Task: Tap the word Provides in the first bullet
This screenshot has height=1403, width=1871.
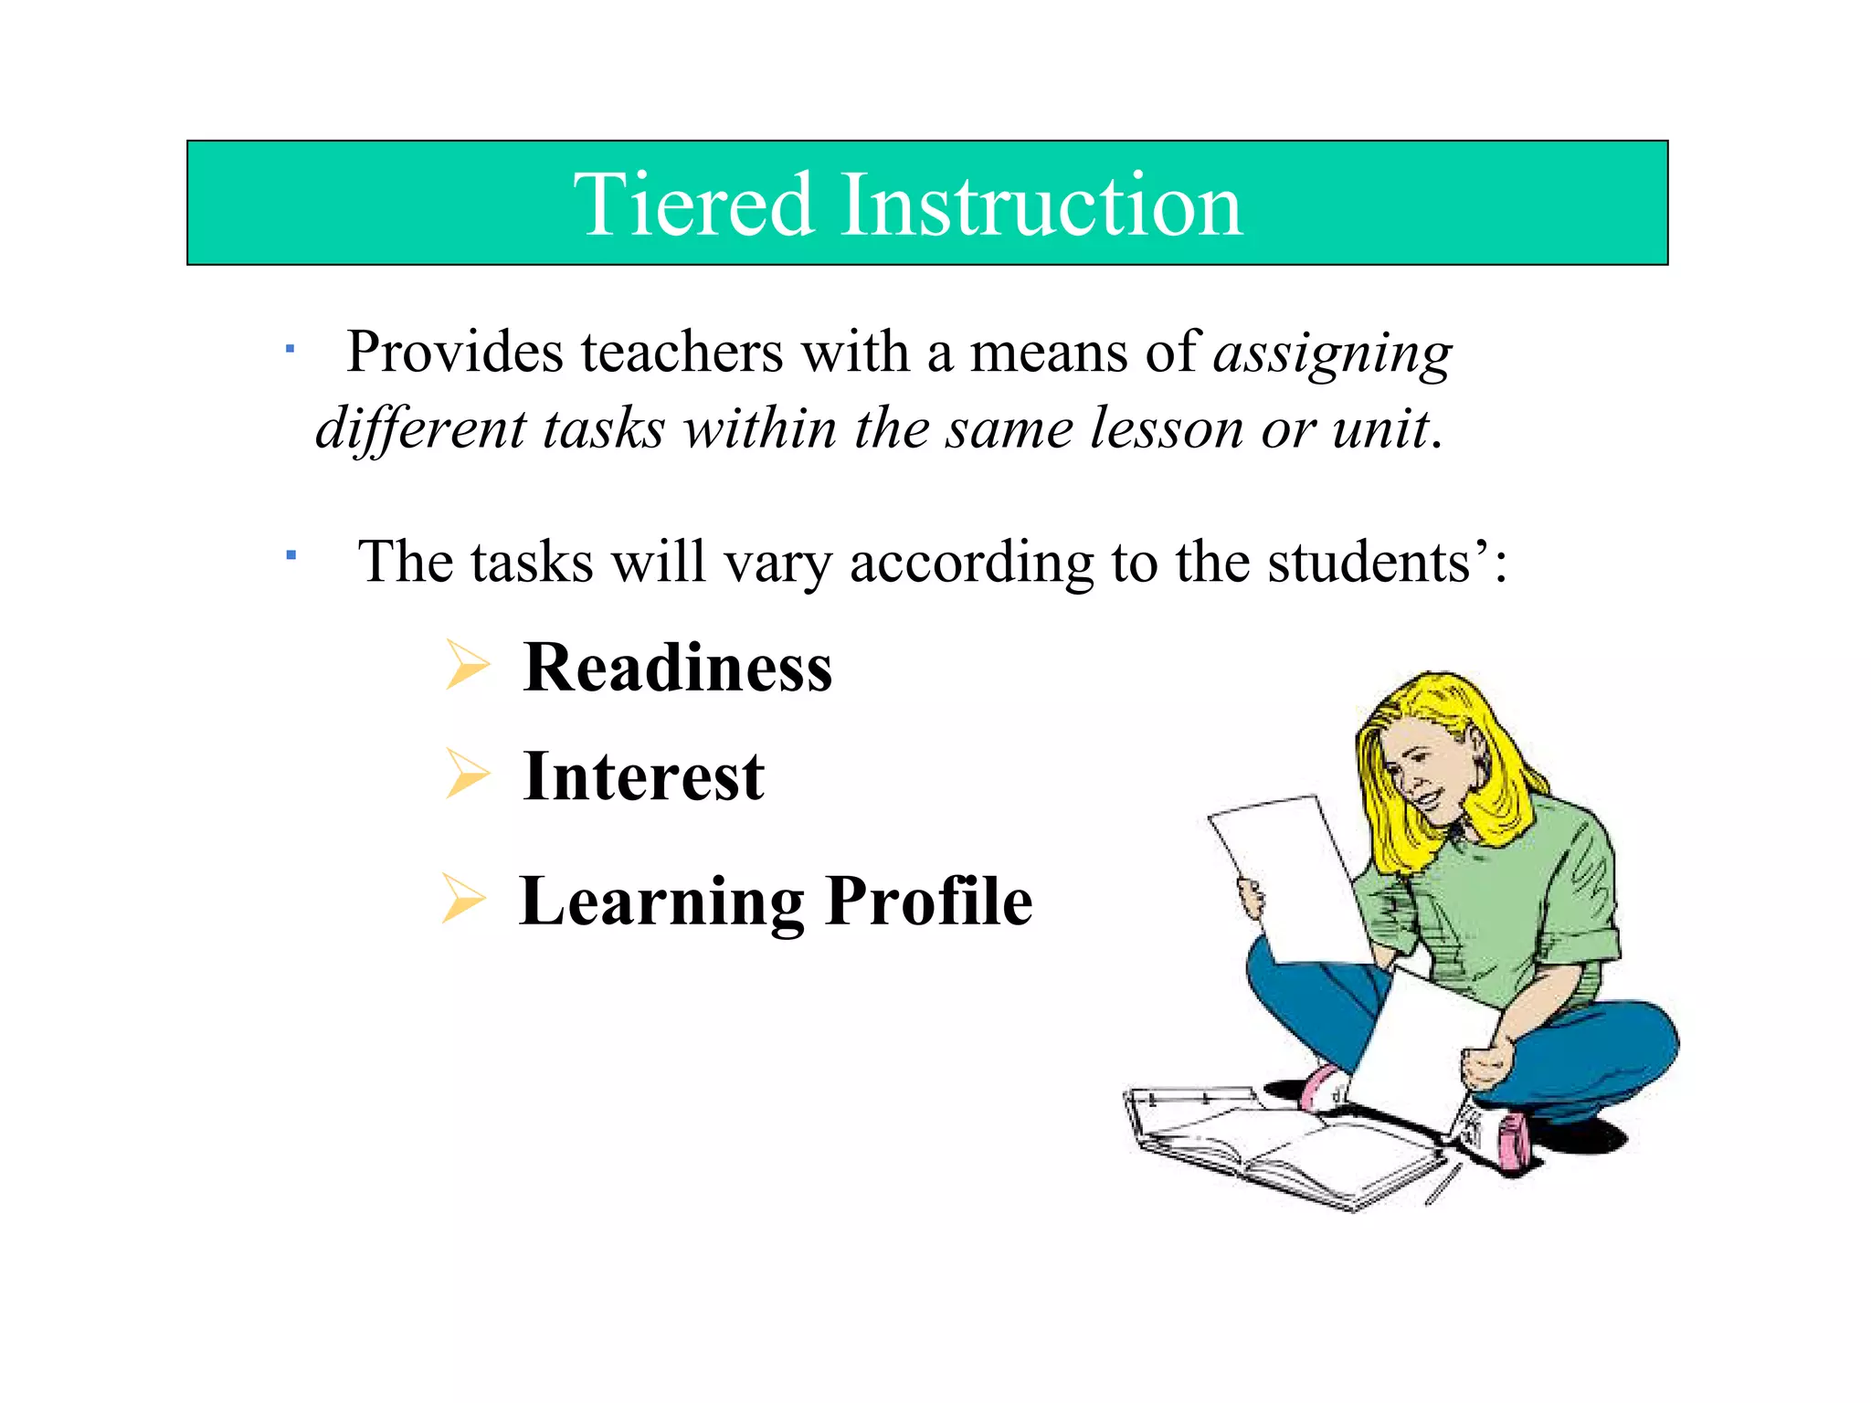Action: [x=454, y=353]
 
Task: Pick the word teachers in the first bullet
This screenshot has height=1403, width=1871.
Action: [x=682, y=353]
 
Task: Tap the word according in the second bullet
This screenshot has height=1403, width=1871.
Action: [x=971, y=563]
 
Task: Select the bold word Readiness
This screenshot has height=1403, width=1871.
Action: [x=678, y=668]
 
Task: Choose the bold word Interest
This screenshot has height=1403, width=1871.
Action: [x=643, y=776]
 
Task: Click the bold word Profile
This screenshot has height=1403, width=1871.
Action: [x=929, y=902]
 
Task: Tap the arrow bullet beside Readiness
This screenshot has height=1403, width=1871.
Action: [x=467, y=665]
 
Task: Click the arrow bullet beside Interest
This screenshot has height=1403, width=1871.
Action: [x=467, y=773]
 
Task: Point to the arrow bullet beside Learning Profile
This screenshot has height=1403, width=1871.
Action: [x=462, y=899]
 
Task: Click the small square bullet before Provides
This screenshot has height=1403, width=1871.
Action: [x=289, y=349]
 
